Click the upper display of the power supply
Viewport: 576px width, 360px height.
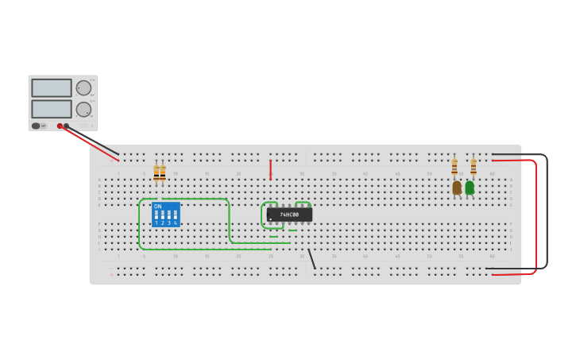[52, 88]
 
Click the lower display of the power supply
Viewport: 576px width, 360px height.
[52, 109]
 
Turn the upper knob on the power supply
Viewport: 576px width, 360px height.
[83, 88]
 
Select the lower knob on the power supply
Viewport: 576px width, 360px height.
[83, 109]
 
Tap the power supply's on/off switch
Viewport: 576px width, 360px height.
[36, 126]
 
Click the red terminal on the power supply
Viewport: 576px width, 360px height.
[60, 126]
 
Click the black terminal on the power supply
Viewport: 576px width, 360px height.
[67, 126]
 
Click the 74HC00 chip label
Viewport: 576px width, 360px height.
[289, 215]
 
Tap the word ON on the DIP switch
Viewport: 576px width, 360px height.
[157, 207]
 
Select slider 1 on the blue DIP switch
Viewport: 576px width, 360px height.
[157, 215]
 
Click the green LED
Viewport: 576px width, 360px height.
[470, 188]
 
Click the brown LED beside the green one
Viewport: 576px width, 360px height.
[457, 188]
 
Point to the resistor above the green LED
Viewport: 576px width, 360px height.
[474, 167]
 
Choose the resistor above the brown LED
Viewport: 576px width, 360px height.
[454, 167]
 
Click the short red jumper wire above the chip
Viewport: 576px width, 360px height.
[270, 169]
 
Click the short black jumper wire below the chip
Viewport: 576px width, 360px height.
[311, 258]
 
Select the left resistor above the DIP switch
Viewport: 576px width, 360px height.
[157, 173]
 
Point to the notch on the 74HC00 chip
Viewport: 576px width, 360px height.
[269, 215]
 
